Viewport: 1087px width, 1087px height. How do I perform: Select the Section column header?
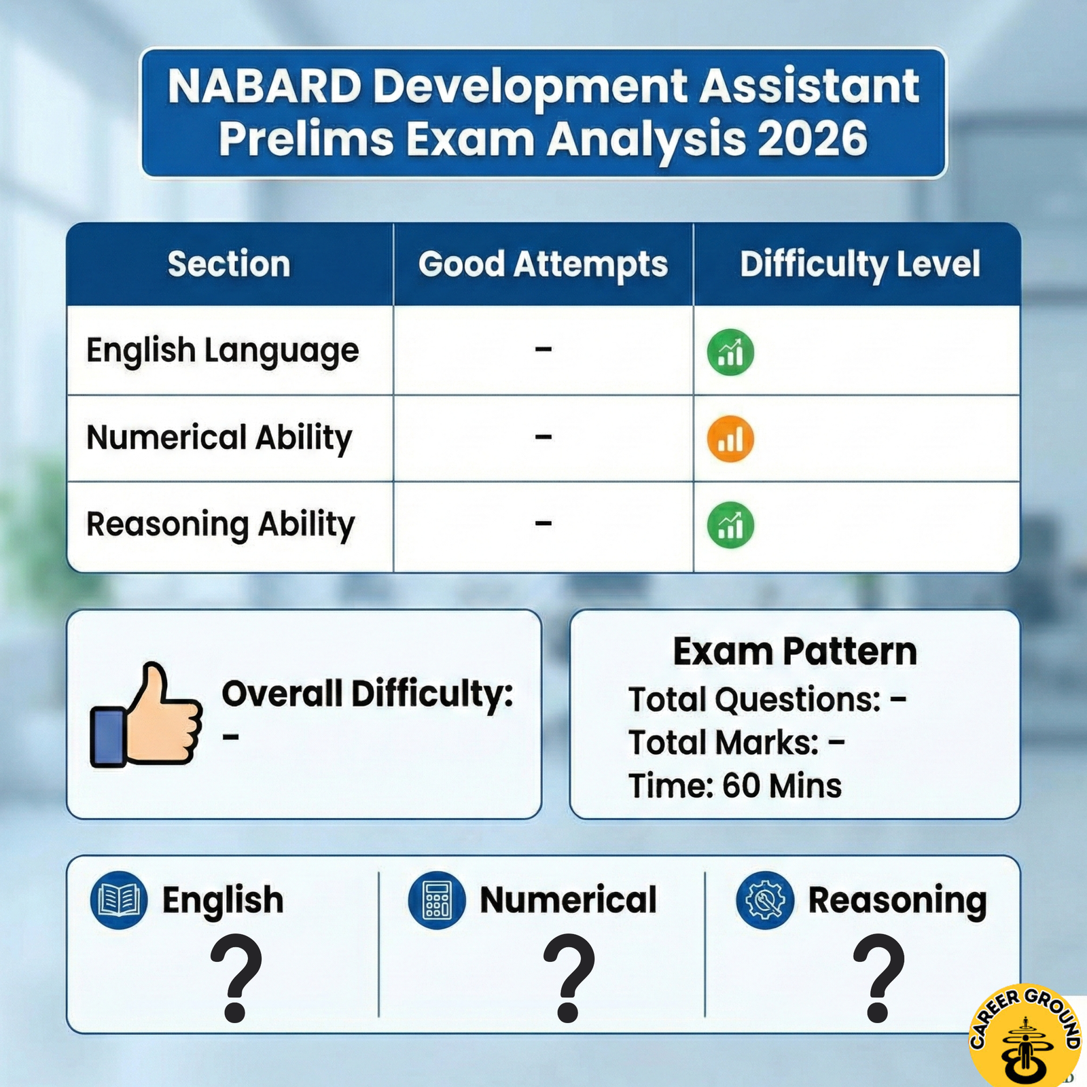[x=229, y=264]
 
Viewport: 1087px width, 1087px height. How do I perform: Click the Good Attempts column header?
[x=543, y=264]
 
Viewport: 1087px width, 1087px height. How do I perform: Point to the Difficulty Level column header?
[x=859, y=264]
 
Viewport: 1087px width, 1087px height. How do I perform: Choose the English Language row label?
[x=222, y=351]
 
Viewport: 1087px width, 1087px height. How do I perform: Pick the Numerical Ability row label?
[x=219, y=438]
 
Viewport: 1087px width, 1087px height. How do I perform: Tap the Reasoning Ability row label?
[x=220, y=524]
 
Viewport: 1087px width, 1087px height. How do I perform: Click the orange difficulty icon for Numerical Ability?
[x=730, y=439]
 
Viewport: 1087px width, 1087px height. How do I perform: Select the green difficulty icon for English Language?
[x=730, y=352]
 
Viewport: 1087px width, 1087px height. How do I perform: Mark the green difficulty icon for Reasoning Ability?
[x=730, y=525]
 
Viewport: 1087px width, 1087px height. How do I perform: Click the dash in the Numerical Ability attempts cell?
[x=543, y=437]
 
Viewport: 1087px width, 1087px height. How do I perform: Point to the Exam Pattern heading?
[x=795, y=652]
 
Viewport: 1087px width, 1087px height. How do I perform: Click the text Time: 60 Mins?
[x=734, y=786]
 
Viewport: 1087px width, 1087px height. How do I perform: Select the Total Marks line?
[x=736, y=743]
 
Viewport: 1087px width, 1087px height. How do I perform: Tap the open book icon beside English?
[x=119, y=900]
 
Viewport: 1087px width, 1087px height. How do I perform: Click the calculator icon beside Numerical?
[x=437, y=900]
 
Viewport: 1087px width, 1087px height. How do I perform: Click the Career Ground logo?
[x=1026, y=1036]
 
